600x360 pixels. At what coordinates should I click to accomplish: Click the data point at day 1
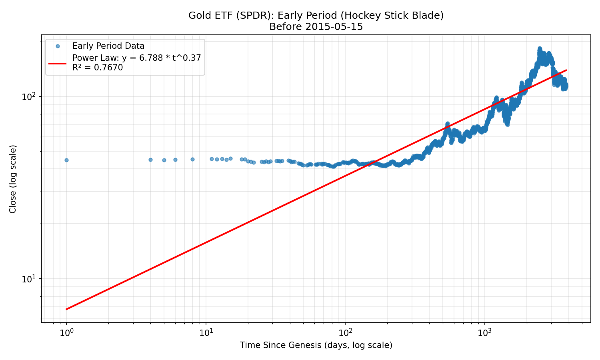(66, 160)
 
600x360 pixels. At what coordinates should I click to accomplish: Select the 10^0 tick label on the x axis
(66, 332)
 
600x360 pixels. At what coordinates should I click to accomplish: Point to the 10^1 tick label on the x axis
(206, 332)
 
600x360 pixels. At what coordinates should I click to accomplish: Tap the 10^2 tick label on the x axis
(345, 332)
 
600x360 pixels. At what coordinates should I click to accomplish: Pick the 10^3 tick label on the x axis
(485, 332)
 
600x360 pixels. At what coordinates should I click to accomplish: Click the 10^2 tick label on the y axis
(29, 97)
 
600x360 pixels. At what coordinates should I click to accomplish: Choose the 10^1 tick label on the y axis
(29, 279)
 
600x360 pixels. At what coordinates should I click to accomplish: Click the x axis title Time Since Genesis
(316, 345)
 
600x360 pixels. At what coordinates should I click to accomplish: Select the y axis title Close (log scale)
(13, 179)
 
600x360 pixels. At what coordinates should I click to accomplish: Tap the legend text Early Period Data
(108, 46)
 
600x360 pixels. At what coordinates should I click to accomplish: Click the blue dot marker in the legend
(58, 46)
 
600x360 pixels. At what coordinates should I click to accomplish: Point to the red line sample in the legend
(58, 63)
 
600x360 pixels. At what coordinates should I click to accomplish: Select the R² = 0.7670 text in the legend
(98, 68)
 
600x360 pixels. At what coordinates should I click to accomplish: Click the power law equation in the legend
(136, 58)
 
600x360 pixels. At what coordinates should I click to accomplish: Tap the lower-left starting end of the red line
(66, 309)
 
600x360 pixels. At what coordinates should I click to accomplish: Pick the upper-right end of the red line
(566, 70)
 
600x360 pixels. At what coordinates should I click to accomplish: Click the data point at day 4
(150, 160)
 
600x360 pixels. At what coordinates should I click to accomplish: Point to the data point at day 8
(192, 159)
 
